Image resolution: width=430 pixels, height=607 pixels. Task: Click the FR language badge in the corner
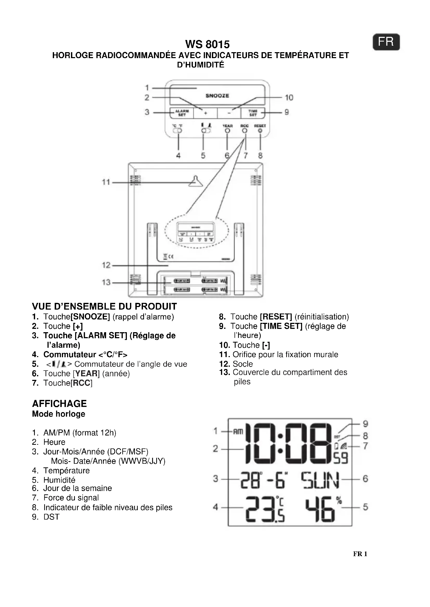coord(386,42)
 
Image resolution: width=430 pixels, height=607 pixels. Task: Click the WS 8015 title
coord(207,44)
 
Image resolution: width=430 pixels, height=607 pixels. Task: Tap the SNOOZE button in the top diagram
coord(217,96)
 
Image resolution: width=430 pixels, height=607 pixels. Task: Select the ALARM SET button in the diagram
coord(182,113)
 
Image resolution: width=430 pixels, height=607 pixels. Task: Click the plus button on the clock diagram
coord(205,113)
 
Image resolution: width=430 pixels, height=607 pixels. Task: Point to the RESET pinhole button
coord(260,130)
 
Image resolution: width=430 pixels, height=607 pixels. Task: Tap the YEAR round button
coord(227,131)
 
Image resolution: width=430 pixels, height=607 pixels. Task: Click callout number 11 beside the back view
coord(106,182)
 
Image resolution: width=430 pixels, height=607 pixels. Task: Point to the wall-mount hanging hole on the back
coord(196,181)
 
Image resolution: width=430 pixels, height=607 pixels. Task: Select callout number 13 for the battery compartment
coord(106,282)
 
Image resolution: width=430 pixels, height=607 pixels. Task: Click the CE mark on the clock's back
coord(171,256)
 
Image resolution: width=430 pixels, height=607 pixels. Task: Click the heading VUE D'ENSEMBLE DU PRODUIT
coord(104,306)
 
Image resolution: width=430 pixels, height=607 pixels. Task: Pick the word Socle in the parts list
coord(243,364)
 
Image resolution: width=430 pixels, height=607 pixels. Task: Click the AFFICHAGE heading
coord(59,404)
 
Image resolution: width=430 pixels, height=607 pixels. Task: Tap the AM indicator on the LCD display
coord(238,432)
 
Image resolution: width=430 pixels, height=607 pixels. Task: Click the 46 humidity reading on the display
coord(320,509)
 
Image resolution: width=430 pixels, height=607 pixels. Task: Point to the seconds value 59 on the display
coord(341,458)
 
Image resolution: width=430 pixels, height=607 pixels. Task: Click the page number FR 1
coord(360,554)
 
